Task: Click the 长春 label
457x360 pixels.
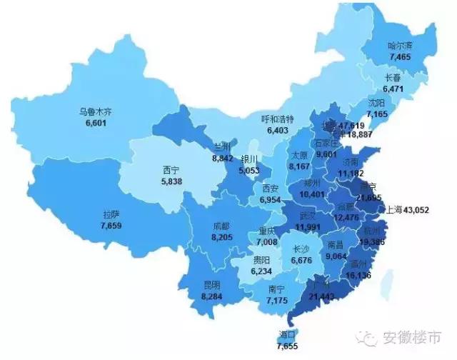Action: [393, 78]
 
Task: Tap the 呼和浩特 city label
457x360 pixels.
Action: [276, 119]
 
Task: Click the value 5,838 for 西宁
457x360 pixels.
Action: [171, 182]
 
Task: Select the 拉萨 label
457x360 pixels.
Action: [111, 214]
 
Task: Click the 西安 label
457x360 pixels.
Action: [270, 189]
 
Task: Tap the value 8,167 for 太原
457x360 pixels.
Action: [301, 166]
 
